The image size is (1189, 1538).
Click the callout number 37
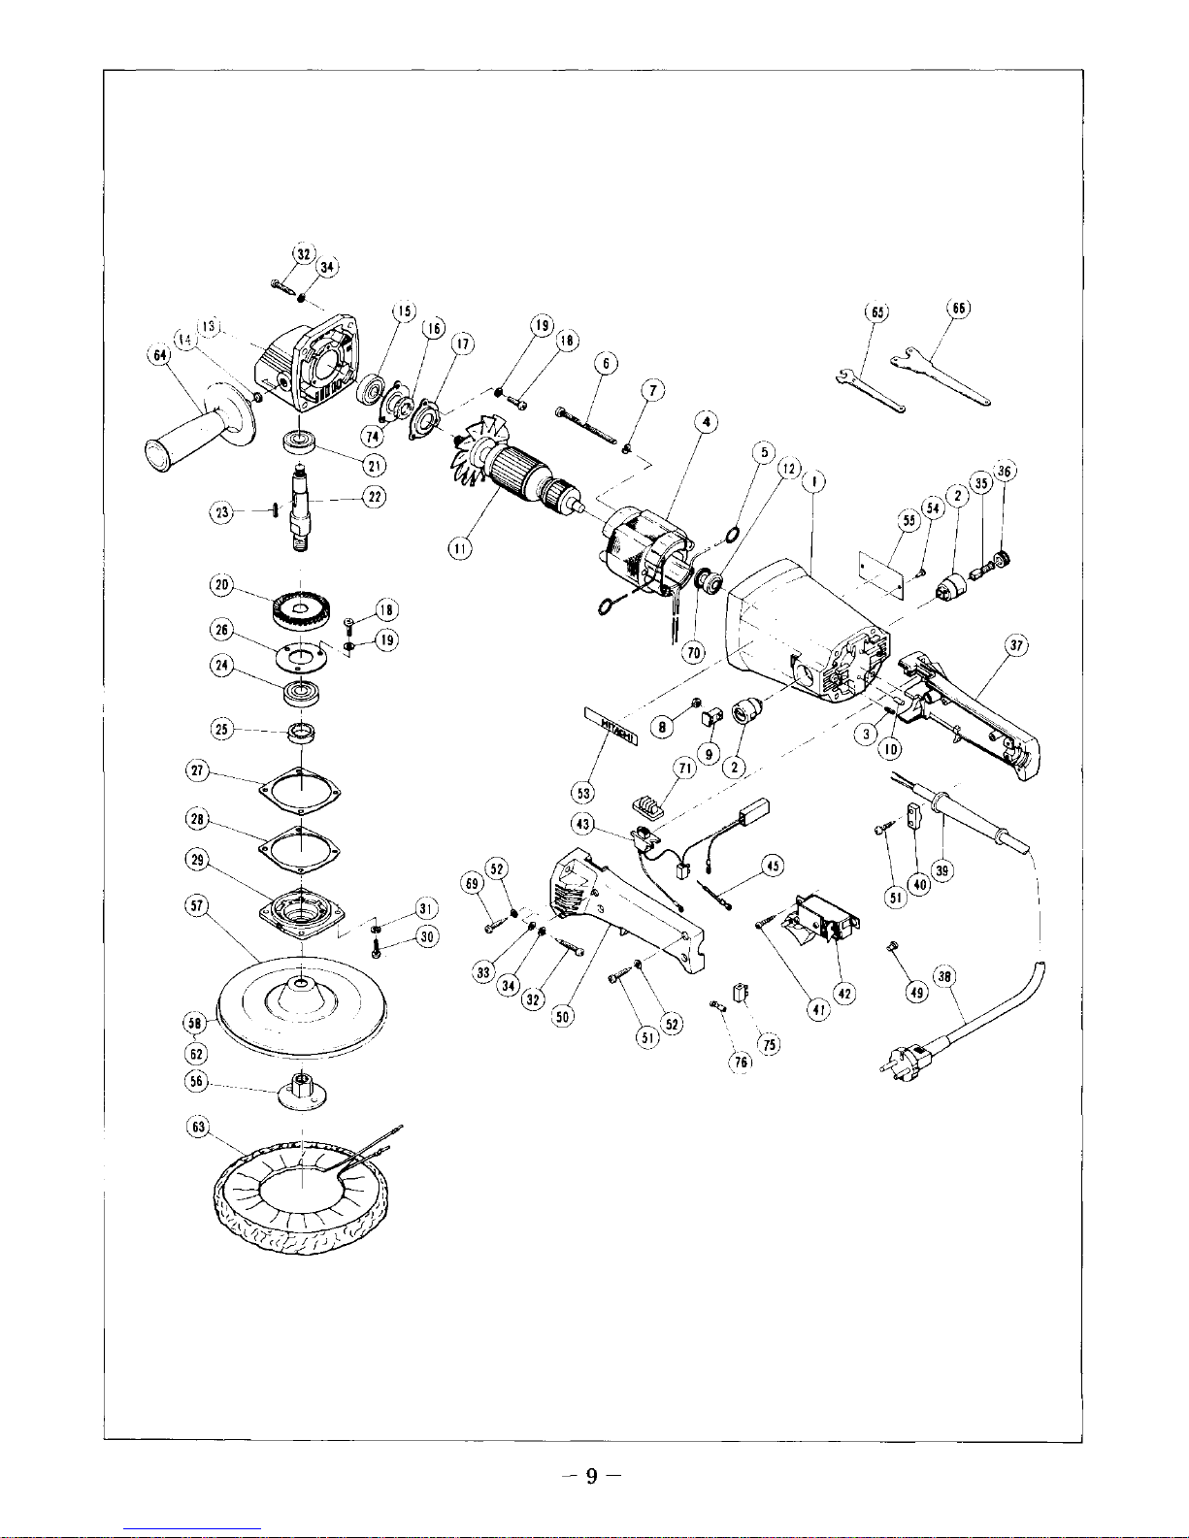click(x=1016, y=647)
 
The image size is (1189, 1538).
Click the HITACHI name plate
click(x=611, y=728)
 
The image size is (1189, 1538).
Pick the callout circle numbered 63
click(x=197, y=1128)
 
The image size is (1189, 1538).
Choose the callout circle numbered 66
click(x=958, y=309)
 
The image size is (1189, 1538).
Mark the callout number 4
click(x=709, y=423)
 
